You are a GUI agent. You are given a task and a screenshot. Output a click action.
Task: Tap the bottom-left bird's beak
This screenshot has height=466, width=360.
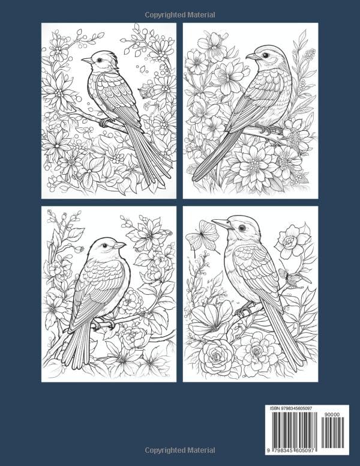(121, 245)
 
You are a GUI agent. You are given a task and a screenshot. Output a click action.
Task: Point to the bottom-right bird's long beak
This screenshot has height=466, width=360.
(221, 223)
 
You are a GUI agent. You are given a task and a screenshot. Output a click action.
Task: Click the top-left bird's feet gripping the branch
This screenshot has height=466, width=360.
(106, 122)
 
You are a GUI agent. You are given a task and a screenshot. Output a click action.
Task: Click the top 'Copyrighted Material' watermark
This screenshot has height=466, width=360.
(180, 14)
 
